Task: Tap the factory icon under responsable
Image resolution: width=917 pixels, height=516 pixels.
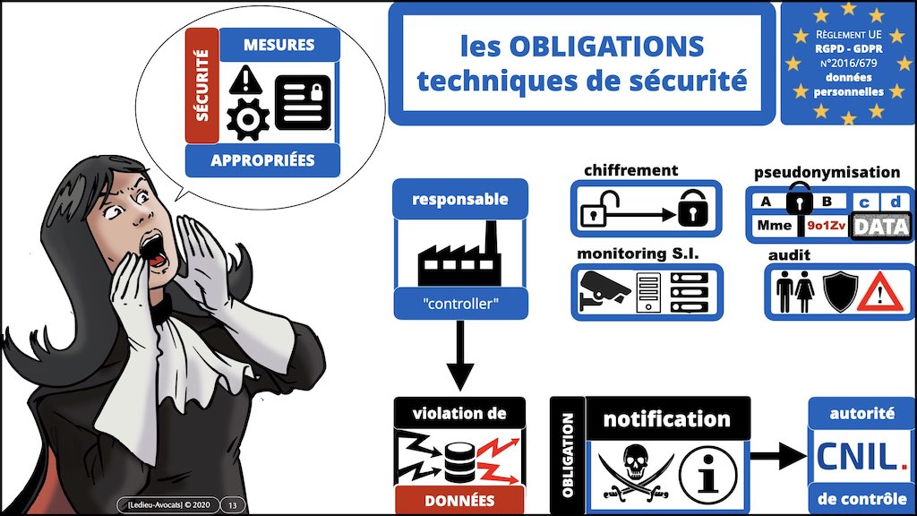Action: coord(459,254)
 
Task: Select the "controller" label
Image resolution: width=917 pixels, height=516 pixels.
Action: coord(460,304)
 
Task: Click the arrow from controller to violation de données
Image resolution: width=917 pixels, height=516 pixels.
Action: coord(460,356)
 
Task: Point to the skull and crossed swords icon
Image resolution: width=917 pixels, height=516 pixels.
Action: coord(635,473)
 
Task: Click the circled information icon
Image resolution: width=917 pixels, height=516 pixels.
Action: coord(708,475)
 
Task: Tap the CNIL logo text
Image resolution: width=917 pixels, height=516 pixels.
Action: coord(861,457)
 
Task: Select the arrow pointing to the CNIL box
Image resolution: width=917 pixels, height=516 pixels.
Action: coord(778,455)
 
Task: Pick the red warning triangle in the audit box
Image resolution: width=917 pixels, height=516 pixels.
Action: coord(880,294)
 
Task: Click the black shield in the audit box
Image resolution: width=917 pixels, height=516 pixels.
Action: coord(840,291)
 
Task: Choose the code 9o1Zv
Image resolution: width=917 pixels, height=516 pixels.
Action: coord(826,225)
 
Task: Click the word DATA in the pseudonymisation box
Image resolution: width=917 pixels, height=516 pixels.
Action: coord(881,226)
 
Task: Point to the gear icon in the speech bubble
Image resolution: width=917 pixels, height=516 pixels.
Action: coord(248,119)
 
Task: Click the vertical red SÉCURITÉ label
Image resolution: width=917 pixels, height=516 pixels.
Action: coord(201,85)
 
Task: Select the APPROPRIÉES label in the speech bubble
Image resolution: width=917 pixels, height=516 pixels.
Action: coord(262,160)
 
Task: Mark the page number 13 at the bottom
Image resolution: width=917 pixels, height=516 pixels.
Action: coord(233,505)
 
